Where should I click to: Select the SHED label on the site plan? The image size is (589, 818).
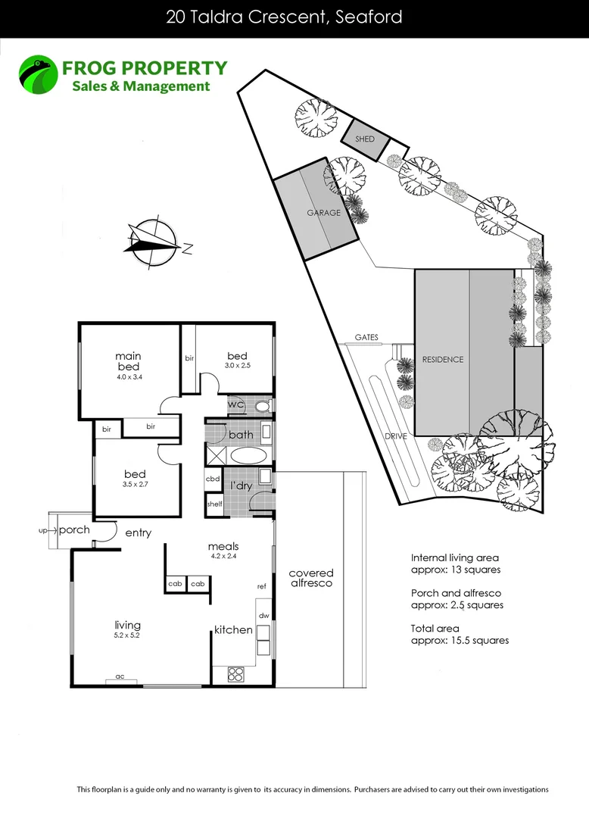coord(364,139)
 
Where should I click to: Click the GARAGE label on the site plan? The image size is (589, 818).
coord(323,213)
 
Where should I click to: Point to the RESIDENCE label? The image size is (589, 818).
coord(442,359)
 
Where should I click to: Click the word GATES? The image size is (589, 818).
coord(366,337)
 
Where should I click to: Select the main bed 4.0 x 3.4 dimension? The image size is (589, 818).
coord(128,376)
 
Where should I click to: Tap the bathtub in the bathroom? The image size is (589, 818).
coord(247,456)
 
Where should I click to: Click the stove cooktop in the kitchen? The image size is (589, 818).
coord(235,673)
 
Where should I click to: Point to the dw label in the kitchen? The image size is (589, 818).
coord(264,615)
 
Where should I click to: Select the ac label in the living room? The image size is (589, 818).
coord(120,676)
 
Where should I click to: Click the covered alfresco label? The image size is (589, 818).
coord(310,578)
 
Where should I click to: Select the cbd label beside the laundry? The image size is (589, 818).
coord(213,479)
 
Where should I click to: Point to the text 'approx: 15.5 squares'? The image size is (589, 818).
coord(459,640)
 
